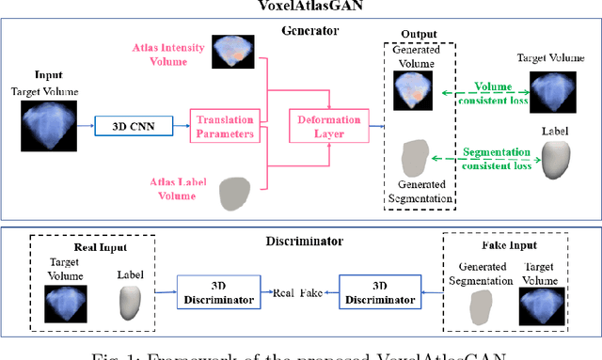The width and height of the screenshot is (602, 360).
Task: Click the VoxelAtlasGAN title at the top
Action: pyautogui.click(x=300, y=7)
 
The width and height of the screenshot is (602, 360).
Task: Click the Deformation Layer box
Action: pyautogui.click(x=328, y=123)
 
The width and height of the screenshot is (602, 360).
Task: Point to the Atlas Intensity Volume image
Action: pyautogui.click(x=231, y=54)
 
